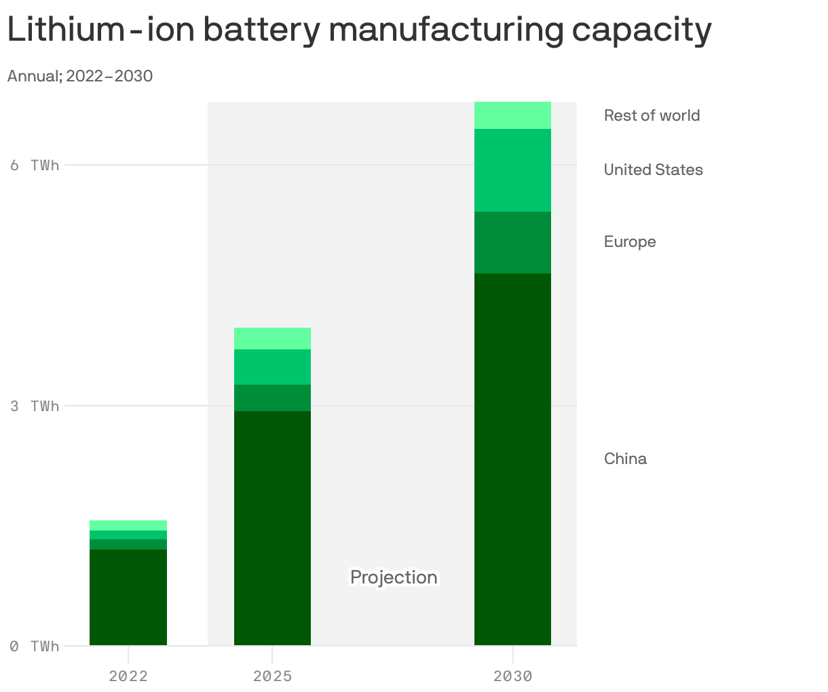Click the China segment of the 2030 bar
click(512, 459)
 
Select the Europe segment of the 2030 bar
click(512, 242)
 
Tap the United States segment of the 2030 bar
click(512, 170)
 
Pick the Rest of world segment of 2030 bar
click(512, 115)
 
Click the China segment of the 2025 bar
click(272, 528)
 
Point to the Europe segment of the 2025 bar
click(272, 398)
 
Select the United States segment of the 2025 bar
click(272, 367)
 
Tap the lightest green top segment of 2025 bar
click(272, 339)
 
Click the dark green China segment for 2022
click(128, 597)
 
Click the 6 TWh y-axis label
click(35, 165)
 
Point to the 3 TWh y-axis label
click(35, 406)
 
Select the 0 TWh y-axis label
click(35, 646)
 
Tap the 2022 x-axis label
click(128, 676)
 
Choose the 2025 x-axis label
click(272, 676)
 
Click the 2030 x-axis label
click(512, 676)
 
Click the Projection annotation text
click(394, 577)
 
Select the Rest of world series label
click(652, 115)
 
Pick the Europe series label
click(630, 242)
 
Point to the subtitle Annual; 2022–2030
click(80, 76)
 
